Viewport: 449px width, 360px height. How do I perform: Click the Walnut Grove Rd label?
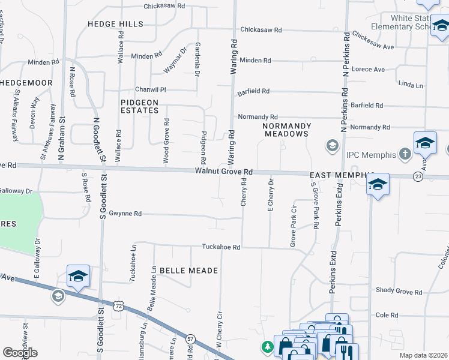click(x=223, y=172)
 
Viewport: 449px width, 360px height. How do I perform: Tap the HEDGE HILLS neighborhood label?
click(x=115, y=24)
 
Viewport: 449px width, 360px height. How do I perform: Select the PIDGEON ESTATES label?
click(x=139, y=107)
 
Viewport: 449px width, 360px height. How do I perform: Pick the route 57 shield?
click(x=190, y=339)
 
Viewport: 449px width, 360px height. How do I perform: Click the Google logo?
click(x=20, y=352)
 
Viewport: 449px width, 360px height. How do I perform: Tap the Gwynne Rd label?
click(x=129, y=214)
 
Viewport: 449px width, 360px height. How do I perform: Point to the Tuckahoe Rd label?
click(x=221, y=247)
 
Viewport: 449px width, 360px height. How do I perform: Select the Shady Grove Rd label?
click(x=400, y=290)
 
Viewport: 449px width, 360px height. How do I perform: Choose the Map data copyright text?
click(x=423, y=355)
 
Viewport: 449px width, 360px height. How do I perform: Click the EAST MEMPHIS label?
click(x=336, y=175)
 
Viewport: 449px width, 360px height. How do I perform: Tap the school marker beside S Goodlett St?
click(x=78, y=276)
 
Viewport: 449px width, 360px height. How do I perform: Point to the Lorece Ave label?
click(x=368, y=70)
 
